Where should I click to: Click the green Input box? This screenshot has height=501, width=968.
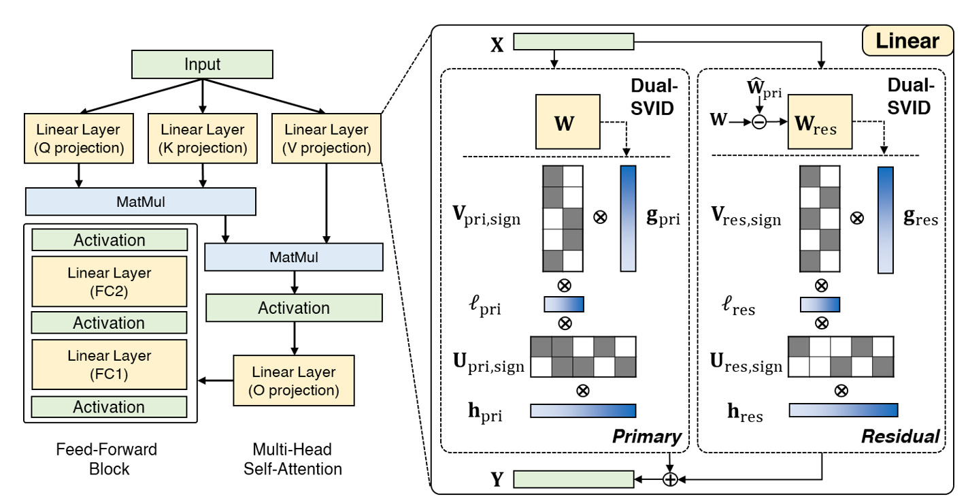pyautogui.click(x=202, y=65)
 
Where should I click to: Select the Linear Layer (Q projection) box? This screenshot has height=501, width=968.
pyautogui.click(x=77, y=138)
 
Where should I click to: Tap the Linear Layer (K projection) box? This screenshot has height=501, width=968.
pyautogui.click(x=202, y=138)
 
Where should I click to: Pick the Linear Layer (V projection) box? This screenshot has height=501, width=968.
pyautogui.click(x=327, y=138)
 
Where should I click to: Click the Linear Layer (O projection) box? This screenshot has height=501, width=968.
pyautogui.click(x=294, y=381)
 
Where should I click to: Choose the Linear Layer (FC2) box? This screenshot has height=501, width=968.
pyautogui.click(x=109, y=281)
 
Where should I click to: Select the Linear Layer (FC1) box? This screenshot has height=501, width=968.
pyautogui.click(x=109, y=364)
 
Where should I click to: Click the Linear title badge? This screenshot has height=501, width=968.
pyautogui.click(x=907, y=42)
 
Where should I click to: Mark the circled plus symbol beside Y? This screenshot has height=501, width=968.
pyautogui.click(x=671, y=479)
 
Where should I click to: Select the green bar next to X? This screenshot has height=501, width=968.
pyautogui.click(x=573, y=42)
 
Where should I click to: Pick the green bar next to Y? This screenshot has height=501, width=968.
pyautogui.click(x=573, y=479)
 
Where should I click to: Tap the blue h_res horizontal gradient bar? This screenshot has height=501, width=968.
pyautogui.click(x=844, y=410)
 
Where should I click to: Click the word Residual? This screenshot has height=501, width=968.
pyautogui.click(x=900, y=436)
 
